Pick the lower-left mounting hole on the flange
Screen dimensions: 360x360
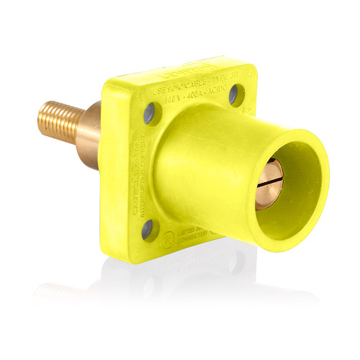(148, 231)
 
